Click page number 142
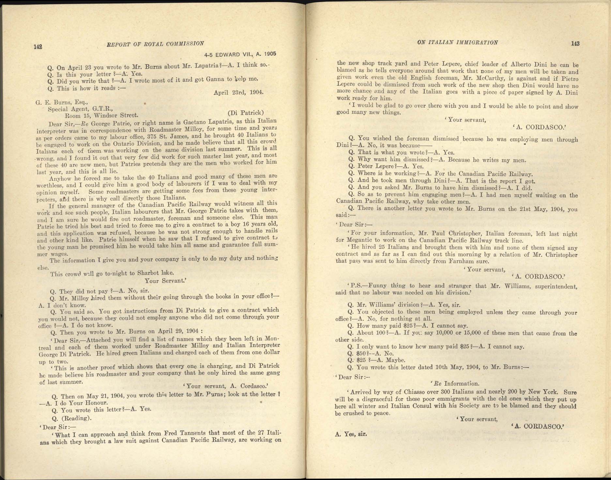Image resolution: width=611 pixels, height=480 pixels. click(x=38, y=47)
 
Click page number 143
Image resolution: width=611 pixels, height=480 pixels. click(x=575, y=43)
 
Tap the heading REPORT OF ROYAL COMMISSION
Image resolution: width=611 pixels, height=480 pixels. click(x=156, y=44)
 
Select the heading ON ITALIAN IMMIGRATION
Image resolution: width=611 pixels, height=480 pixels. click(x=457, y=42)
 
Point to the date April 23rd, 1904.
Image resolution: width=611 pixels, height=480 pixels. click(x=238, y=92)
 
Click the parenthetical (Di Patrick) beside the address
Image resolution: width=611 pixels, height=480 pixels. click(x=245, y=113)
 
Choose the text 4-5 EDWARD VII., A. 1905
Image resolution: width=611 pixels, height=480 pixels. click(x=240, y=54)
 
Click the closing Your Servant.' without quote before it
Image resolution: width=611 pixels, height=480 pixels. click(x=165, y=281)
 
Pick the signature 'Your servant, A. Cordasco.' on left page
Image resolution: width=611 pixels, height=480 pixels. click(x=225, y=386)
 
